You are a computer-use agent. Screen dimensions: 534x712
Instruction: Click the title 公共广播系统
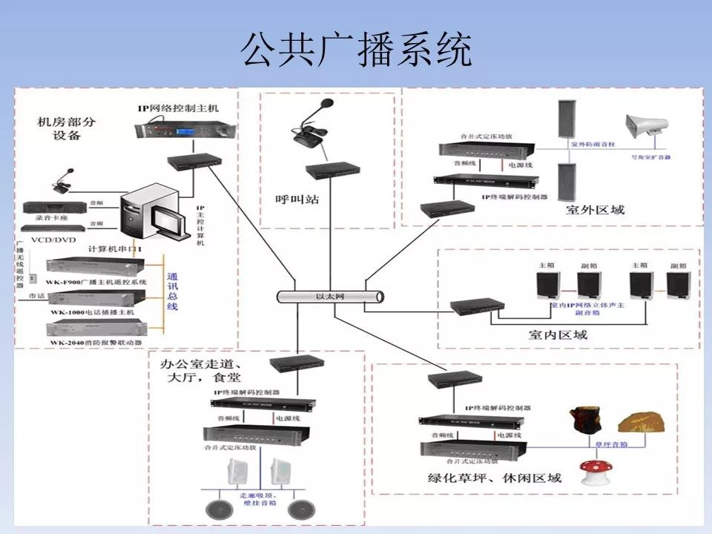pos(356,51)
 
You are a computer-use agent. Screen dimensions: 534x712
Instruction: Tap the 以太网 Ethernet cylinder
pos(331,297)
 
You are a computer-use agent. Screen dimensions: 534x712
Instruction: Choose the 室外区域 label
pos(595,210)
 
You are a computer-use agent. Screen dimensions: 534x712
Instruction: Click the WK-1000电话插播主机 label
pos(93,312)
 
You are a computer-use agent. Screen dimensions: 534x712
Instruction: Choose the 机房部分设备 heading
pos(67,128)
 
